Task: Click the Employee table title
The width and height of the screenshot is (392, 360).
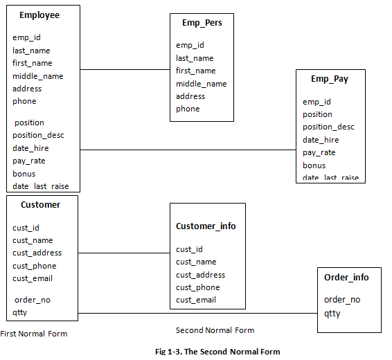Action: click(39, 15)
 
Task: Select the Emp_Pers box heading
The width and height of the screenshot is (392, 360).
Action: click(202, 23)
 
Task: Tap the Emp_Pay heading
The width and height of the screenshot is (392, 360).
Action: click(330, 79)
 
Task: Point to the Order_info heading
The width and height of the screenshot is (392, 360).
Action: click(346, 278)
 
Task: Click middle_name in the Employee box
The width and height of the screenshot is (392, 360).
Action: click(37, 76)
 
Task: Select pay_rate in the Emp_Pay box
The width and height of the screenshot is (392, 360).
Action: click(319, 152)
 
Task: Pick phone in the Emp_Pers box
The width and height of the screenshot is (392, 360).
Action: click(188, 109)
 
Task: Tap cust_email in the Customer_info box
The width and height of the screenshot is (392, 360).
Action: click(196, 300)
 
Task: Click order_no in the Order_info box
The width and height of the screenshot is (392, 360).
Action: click(342, 300)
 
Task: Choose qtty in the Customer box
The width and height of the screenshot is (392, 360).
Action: click(19, 313)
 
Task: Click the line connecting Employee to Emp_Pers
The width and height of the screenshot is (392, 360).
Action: click(125, 70)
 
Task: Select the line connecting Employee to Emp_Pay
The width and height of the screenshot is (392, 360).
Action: click(187, 150)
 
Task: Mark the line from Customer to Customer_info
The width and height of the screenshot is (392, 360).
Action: click(125, 253)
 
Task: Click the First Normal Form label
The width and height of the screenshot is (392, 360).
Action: click(34, 334)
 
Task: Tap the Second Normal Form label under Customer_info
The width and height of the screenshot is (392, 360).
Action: click(215, 330)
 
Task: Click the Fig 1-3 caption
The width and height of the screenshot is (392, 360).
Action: click(217, 352)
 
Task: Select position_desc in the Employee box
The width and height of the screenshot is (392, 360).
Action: click(38, 135)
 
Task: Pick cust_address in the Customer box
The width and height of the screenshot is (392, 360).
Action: click(37, 253)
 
